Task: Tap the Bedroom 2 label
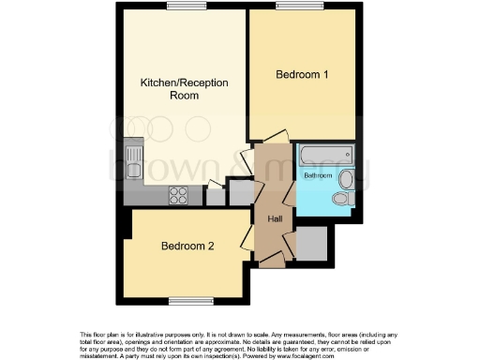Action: (x=187, y=247)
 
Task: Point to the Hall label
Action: (x=276, y=218)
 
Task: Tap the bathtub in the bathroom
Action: (x=323, y=155)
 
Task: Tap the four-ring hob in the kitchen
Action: (x=178, y=195)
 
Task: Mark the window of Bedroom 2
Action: (x=187, y=300)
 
